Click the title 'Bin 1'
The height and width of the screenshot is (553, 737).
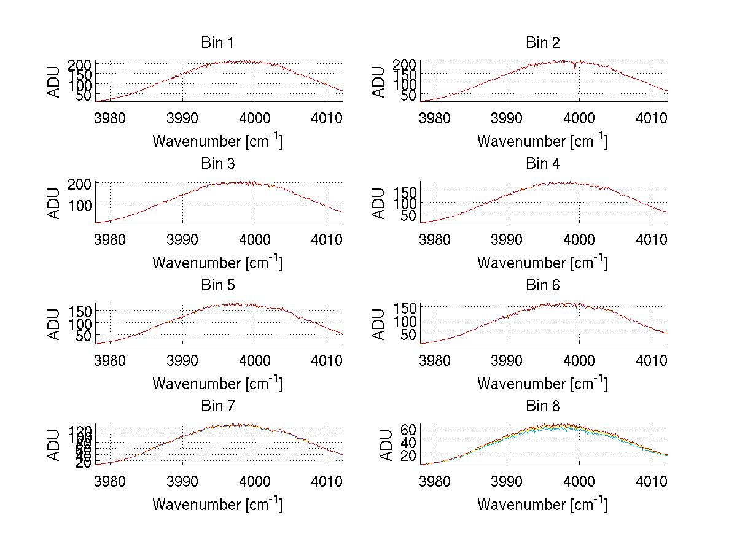coord(217,42)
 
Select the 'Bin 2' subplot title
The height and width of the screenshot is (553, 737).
coord(543,42)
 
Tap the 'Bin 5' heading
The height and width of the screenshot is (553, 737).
coord(217,285)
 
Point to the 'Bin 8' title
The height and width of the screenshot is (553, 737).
coord(543,406)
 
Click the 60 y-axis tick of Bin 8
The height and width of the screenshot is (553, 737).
coord(408,428)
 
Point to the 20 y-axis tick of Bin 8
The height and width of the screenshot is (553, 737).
coord(408,455)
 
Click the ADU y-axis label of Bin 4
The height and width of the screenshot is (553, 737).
coord(380,203)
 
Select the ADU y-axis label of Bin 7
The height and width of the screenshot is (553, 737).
coord(55,445)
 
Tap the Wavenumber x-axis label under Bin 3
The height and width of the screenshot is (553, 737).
coord(217,262)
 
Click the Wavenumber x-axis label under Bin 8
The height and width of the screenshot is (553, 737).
coord(542,505)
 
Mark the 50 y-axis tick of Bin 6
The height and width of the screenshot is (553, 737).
coord(408,335)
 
